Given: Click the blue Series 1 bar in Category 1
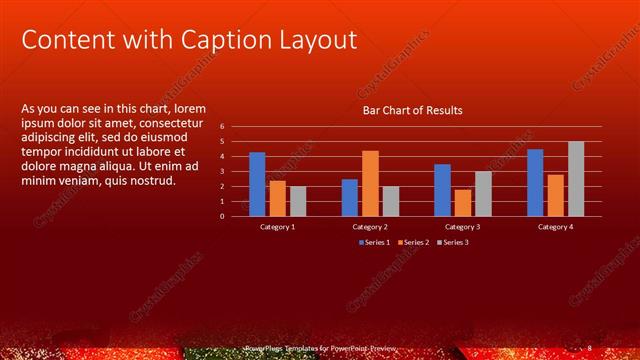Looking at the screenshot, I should coord(257,184).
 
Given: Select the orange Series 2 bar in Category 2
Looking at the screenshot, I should coord(370,183).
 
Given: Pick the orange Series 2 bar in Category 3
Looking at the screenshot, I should coord(462,202).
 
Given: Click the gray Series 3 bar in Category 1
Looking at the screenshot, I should coord(298,200).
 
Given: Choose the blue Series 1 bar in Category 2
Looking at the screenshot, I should coord(349,197).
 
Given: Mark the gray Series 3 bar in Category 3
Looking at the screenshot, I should coord(483,193).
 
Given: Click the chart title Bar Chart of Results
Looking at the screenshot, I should coord(412,110).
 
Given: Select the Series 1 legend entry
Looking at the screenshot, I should coord(376,242).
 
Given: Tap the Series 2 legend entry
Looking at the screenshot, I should coord(415,242).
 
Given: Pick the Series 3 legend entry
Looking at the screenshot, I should coord(455,242).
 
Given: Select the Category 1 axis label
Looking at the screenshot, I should coord(277,227).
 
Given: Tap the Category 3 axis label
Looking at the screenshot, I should coord(463,227).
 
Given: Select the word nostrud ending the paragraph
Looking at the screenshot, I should coord(152,180).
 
